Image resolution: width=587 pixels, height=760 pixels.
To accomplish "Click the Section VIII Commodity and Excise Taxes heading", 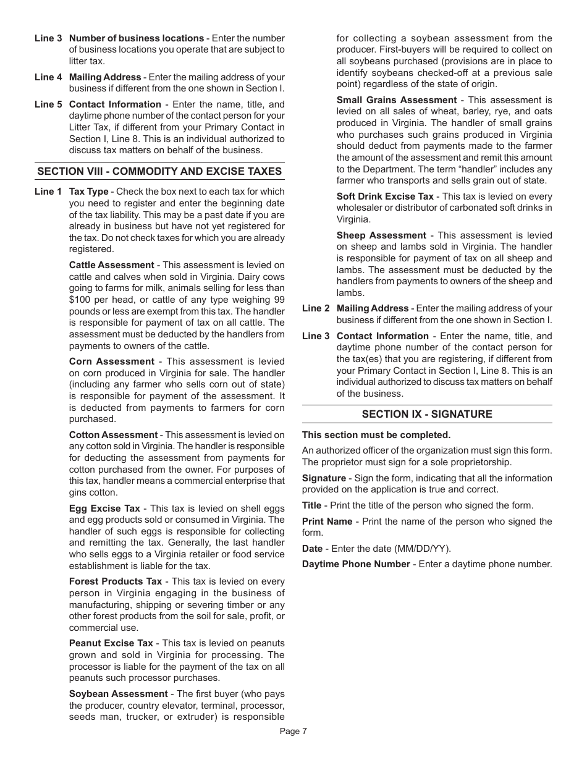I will tap(159, 171).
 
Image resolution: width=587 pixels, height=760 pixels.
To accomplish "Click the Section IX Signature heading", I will tap(427, 414).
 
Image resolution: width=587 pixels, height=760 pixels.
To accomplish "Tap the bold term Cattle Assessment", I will tap(111, 265).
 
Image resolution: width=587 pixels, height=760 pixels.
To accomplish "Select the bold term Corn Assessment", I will tap(111, 361).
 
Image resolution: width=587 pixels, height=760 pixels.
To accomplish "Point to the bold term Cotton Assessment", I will tap(113, 435).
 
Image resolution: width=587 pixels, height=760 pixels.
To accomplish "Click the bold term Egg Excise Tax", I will tap(104, 509).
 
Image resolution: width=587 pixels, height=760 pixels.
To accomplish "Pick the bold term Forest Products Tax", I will tap(116, 581).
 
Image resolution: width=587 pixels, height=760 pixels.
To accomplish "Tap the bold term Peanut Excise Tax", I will tap(111, 643).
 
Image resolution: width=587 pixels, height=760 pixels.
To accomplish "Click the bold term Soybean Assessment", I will tap(118, 694).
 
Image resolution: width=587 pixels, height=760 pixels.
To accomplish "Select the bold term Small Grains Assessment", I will tap(396, 100).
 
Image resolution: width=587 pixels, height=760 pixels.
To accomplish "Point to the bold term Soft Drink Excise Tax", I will tap(385, 196).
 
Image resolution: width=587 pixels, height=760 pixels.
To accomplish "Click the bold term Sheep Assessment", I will tap(381, 235).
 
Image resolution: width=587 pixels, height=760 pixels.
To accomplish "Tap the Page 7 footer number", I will tap(293, 732).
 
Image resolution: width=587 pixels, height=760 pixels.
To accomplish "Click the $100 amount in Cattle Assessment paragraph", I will tap(80, 300).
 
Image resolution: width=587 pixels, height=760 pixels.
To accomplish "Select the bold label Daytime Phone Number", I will tap(356, 564).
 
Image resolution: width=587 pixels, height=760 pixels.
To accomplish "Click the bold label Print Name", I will tap(327, 521).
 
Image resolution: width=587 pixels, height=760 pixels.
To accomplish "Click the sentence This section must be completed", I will tap(376, 435).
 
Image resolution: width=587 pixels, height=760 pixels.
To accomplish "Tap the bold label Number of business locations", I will tap(136, 38).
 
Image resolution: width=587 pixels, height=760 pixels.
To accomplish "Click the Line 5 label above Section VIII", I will tap(48, 104).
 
